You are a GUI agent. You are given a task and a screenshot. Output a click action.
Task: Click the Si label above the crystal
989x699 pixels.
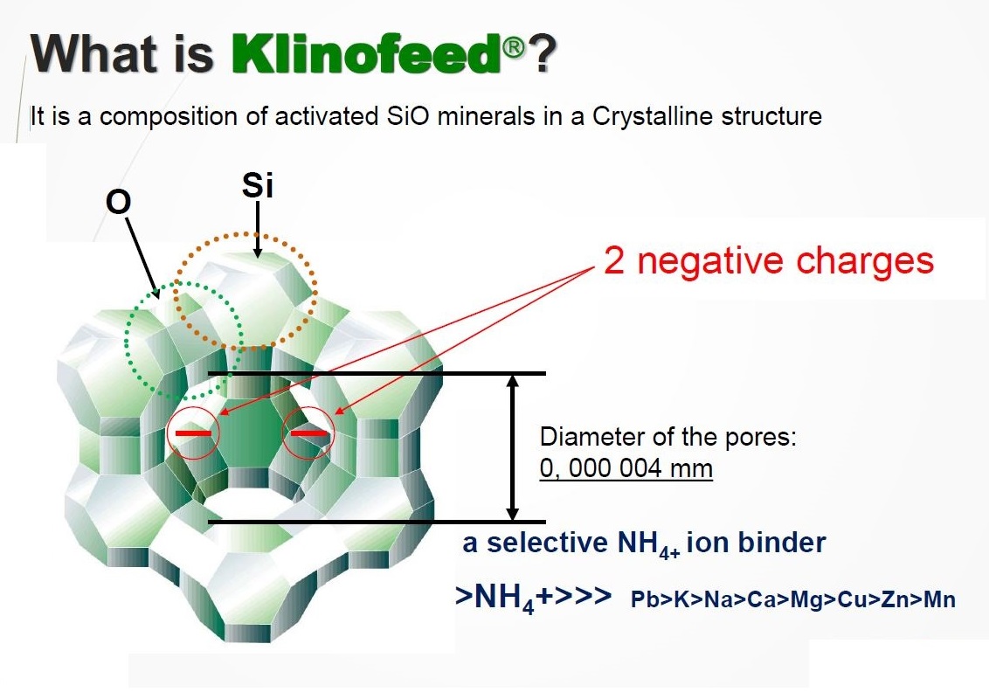coord(258,185)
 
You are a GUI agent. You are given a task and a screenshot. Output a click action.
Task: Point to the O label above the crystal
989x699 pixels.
coord(118,203)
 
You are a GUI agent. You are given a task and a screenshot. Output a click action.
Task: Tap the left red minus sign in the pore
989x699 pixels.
coord(193,433)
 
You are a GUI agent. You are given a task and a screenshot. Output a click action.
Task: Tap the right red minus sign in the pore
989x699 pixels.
coord(309,433)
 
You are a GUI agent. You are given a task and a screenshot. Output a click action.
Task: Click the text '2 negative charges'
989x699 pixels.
coord(768,260)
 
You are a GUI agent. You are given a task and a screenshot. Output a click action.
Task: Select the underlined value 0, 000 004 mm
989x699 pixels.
coord(626,468)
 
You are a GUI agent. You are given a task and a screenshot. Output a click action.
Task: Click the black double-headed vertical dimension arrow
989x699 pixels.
coord(513,447)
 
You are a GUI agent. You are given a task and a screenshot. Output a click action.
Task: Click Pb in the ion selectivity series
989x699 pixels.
coord(643,599)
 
